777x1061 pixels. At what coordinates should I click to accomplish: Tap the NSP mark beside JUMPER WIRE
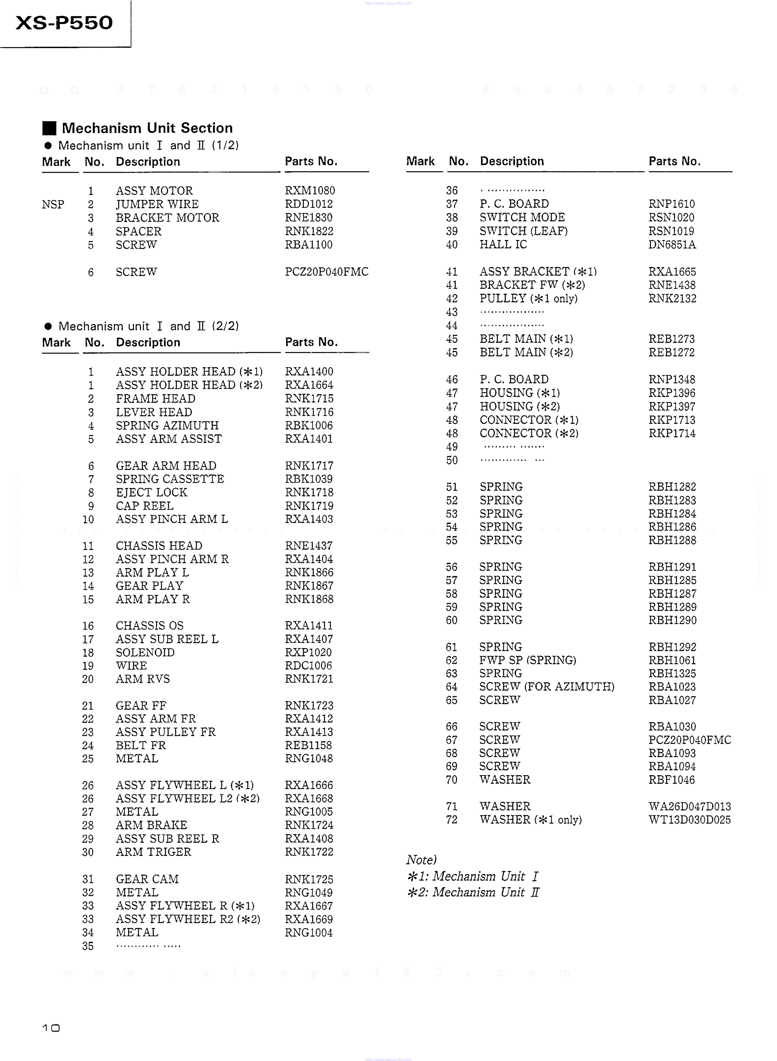click(53, 204)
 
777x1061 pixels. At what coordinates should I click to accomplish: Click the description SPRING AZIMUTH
click(167, 425)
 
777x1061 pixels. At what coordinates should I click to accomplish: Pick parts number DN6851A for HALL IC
click(672, 245)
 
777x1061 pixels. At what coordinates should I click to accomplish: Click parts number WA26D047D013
click(689, 807)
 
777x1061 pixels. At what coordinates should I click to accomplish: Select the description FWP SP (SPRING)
click(527, 660)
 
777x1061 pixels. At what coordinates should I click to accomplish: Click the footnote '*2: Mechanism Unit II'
click(473, 892)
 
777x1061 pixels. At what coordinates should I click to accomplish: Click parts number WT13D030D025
click(689, 820)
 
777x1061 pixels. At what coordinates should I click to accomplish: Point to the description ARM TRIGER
click(153, 852)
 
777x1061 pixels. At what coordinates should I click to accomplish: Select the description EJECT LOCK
click(151, 493)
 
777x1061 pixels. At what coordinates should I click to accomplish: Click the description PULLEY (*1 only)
click(528, 298)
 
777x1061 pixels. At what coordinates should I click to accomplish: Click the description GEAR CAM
click(147, 879)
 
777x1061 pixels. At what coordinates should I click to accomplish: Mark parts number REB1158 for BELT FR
click(308, 745)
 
